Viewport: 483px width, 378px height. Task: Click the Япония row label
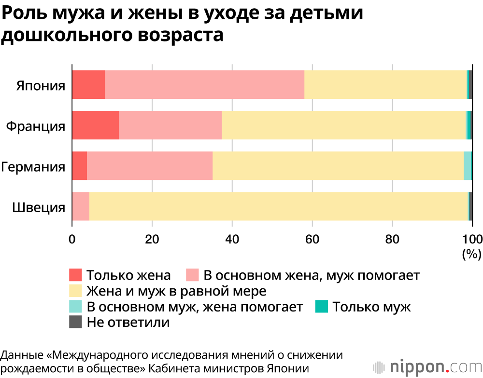pos(41,86)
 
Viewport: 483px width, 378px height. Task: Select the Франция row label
pos(36,126)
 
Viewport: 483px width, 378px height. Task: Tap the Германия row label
pos(33,167)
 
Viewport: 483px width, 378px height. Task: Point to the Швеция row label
pos(39,208)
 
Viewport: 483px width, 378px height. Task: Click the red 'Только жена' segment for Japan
pos(88,84)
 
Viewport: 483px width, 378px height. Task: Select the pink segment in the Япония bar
pos(204,84)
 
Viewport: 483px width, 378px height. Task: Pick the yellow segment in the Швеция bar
pos(278,206)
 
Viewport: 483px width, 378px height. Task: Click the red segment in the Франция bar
pos(95,125)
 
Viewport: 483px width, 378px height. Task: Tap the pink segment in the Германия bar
pos(149,165)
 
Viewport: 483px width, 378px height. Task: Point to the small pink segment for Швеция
pos(81,206)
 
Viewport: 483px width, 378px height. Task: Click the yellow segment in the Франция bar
pos(343,125)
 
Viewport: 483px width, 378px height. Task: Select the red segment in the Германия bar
pos(79,165)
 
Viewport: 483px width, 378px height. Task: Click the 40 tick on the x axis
pos(232,239)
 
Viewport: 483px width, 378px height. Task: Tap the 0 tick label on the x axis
pos(72,239)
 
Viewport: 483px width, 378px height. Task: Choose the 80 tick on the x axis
pos(392,239)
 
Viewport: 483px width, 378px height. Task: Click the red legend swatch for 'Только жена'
pos(76,275)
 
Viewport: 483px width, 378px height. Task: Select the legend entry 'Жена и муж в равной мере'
pos(176,291)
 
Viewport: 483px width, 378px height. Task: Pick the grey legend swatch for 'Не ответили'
pos(76,322)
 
